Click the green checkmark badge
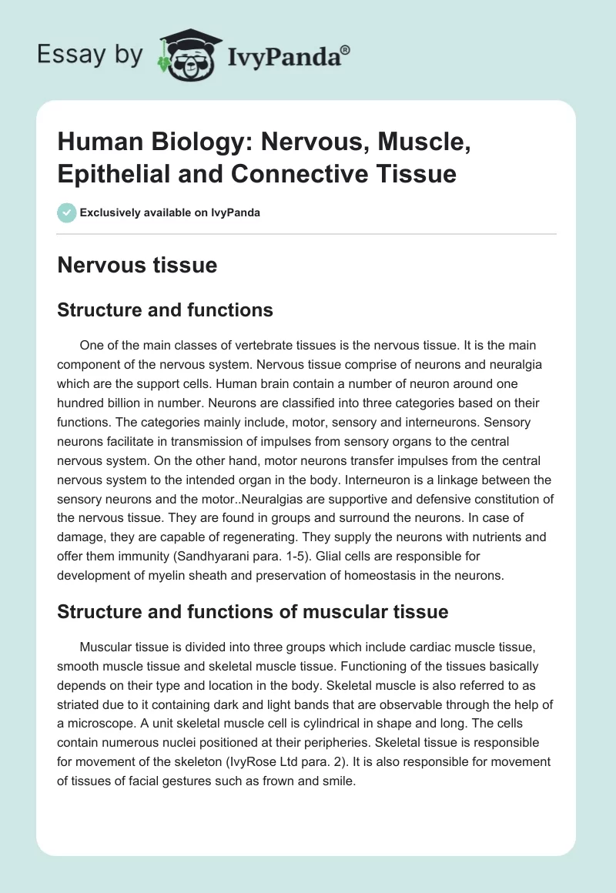(67, 212)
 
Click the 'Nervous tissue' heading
(138, 266)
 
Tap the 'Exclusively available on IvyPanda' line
(170, 212)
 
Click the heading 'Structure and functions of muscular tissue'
(253, 612)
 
